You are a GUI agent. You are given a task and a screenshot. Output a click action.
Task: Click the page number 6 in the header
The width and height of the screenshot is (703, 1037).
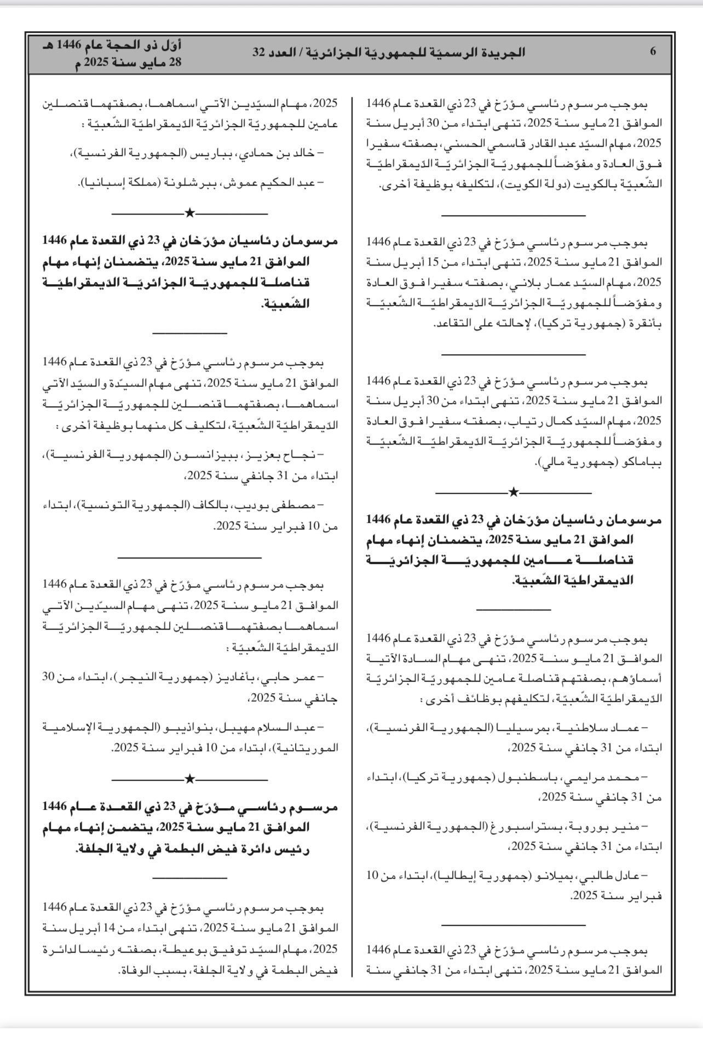[653, 52]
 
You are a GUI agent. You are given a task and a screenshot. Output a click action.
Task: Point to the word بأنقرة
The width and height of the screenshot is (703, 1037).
[646, 324]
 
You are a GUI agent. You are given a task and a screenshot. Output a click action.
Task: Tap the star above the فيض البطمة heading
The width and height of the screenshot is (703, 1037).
[189, 778]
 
